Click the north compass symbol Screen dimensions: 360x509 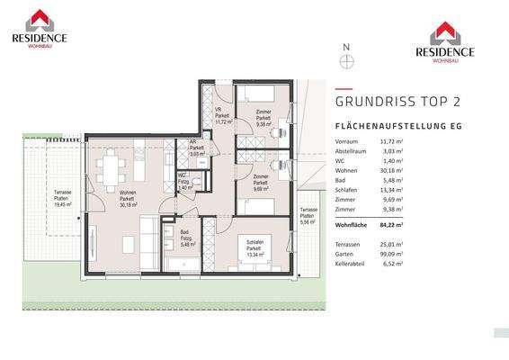[346, 61]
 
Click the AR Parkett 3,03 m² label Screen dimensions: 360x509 [195, 148]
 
